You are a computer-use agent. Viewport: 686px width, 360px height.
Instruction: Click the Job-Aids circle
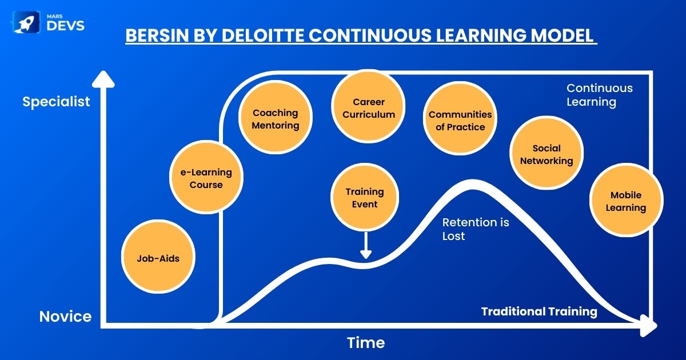pos(158,257)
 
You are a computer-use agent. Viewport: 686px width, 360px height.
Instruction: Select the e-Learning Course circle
pos(206,177)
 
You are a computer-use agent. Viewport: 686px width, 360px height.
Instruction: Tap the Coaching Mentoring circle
pos(276,117)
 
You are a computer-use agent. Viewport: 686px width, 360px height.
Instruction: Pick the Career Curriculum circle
pos(368,106)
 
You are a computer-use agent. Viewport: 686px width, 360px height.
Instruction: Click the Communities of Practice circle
pos(460,118)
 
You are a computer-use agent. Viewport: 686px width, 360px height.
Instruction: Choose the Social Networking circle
pos(547,153)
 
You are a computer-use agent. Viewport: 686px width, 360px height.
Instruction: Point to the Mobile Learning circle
pos(627,200)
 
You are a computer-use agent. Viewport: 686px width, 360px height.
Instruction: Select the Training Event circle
pos(365,197)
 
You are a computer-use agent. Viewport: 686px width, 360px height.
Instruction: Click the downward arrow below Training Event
pos(366,246)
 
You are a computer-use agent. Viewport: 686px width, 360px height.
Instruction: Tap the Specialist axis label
pos(56,102)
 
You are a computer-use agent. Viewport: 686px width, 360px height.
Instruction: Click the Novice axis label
pos(65,316)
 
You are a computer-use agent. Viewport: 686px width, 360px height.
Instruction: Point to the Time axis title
pos(366,342)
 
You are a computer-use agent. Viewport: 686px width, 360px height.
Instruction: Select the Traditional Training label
pos(539,311)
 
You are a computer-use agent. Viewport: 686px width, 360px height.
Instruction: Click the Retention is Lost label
pos(476,229)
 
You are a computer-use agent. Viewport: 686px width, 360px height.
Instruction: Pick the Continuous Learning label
pos(599,95)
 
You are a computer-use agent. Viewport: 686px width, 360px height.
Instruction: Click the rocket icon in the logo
pos(26,22)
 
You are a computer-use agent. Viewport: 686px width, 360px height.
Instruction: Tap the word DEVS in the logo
pos(66,26)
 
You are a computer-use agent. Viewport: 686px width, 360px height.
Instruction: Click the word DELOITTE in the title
pos(263,35)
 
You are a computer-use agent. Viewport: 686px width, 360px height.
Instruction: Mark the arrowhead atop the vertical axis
pos(103,79)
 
